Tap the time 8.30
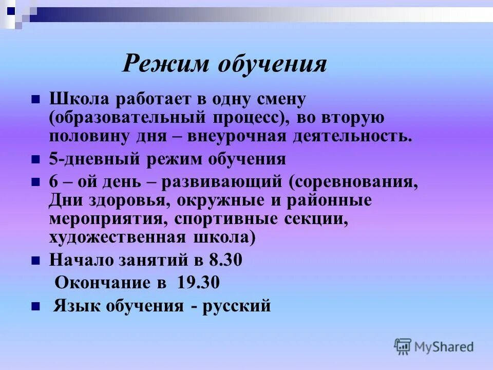[225, 261]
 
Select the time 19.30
[199, 283]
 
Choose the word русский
[237, 306]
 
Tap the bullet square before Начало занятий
[35, 261]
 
